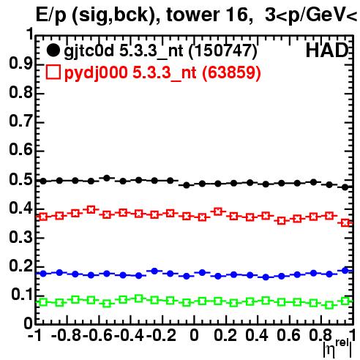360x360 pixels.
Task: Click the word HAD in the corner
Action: click(x=327, y=50)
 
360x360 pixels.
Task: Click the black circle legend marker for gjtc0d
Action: click(x=53, y=50)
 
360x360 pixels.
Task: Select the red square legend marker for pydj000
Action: click(x=53, y=72)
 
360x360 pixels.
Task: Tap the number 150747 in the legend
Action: click(x=222, y=50)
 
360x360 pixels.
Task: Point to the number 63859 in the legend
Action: click(x=231, y=72)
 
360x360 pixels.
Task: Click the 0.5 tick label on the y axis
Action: click(x=20, y=180)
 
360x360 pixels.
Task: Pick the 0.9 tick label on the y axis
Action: click(x=20, y=64)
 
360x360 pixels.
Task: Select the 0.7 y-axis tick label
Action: click(x=20, y=121)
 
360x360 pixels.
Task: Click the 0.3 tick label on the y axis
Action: click(x=20, y=237)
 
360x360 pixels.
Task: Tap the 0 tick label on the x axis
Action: click(x=194, y=335)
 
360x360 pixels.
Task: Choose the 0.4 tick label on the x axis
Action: click(x=257, y=335)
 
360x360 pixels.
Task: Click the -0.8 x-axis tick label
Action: click(x=67, y=335)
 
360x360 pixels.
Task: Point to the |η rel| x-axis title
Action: click(x=338, y=348)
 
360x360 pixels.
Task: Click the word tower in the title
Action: click(x=192, y=15)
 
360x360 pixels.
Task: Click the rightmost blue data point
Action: click(x=345, y=270)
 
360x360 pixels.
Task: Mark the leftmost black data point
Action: click(x=43, y=181)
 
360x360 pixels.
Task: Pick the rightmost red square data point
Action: click(x=345, y=222)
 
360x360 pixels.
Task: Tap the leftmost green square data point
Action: click(x=43, y=302)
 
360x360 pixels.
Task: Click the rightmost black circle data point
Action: click(x=345, y=187)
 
